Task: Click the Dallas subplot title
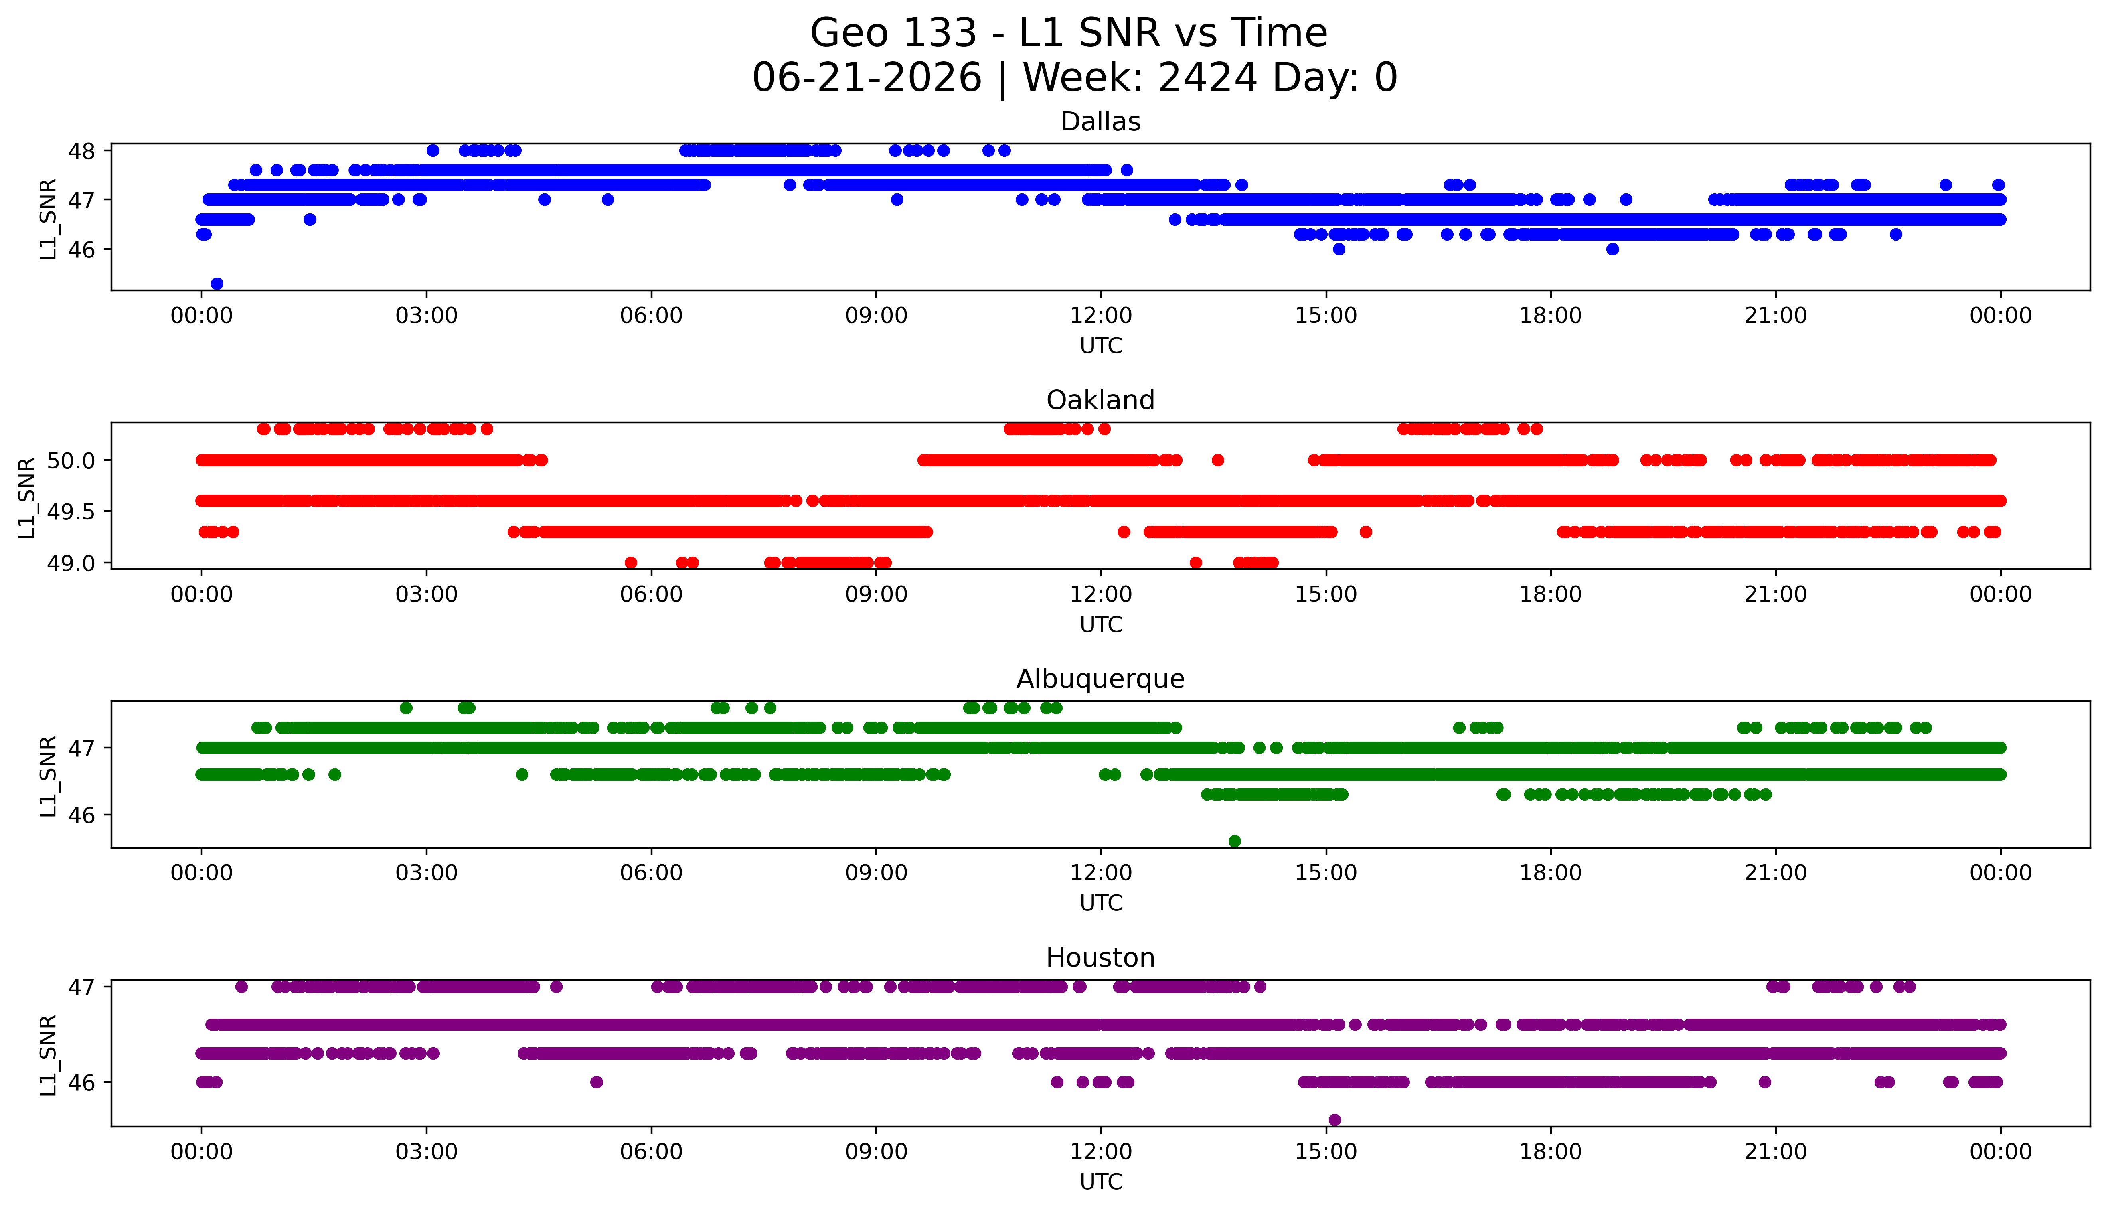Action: point(1100,122)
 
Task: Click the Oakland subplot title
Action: point(1100,401)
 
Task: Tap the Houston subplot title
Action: point(1100,958)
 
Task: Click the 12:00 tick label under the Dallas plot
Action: point(1101,316)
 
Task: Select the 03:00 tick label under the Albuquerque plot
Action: point(427,873)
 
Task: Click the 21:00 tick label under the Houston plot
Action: point(1776,1152)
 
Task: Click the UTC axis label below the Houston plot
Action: point(1100,1182)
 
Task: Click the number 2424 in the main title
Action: point(1207,78)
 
